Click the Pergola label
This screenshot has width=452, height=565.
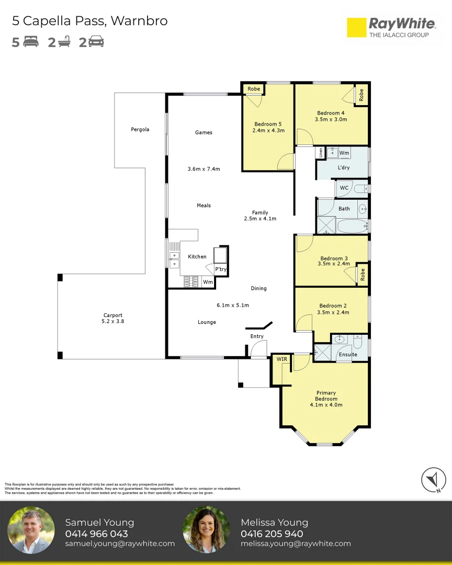[x=140, y=129]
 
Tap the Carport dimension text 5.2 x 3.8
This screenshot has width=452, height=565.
[x=113, y=321]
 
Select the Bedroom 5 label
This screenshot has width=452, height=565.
[x=268, y=124]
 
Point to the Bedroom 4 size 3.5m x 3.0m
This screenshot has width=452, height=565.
[x=331, y=119]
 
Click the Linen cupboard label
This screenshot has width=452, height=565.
[x=321, y=152]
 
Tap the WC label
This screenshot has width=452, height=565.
[x=344, y=188]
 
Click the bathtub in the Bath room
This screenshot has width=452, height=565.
[x=352, y=227]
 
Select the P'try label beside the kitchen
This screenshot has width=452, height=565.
[x=221, y=269]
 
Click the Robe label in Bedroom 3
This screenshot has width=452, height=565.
[x=363, y=275]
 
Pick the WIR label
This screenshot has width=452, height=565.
[x=282, y=359]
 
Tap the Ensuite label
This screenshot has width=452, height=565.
[x=348, y=355]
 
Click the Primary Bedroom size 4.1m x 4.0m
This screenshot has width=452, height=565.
[x=326, y=404]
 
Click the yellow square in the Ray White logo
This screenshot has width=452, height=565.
[x=356, y=27]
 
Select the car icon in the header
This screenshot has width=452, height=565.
[x=96, y=41]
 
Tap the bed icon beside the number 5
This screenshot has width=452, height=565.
[x=31, y=41]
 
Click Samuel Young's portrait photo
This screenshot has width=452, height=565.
[x=31, y=530]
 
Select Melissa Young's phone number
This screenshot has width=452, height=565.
[x=272, y=534]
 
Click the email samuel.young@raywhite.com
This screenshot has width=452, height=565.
[x=120, y=544]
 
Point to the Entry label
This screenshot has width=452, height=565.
[x=257, y=336]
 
